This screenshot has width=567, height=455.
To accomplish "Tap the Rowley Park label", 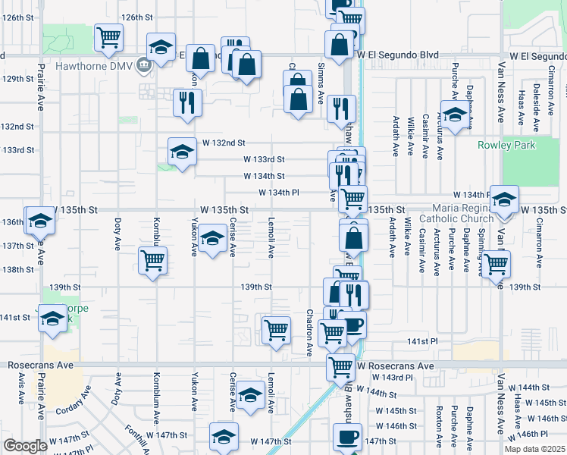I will click(x=506, y=146).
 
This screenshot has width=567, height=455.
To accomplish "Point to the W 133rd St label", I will click(x=263, y=159).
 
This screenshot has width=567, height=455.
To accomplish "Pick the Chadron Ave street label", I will click(x=310, y=332).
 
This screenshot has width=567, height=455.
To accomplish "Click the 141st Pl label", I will click(x=423, y=342).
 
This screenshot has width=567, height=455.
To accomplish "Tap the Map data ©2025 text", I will click(x=535, y=449).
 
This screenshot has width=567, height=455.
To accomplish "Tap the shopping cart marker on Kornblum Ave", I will click(x=153, y=260).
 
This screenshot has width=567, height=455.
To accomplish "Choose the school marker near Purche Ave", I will click(x=454, y=115).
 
